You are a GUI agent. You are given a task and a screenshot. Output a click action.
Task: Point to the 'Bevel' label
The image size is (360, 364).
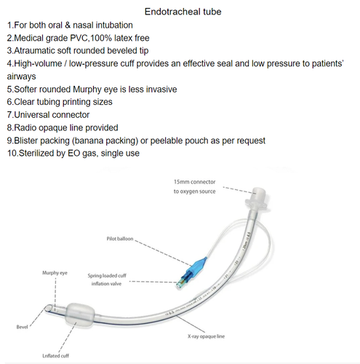click(x=21, y=329)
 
